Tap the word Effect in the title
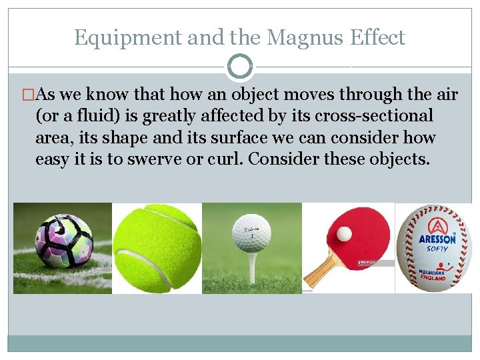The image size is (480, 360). (377, 38)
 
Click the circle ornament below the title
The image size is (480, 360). (240, 67)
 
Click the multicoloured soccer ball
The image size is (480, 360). (64, 241)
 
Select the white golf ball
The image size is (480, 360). (251, 233)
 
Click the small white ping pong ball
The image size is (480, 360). (344, 234)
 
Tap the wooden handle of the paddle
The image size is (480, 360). (323, 270)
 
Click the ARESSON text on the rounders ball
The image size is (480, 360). (437, 238)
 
